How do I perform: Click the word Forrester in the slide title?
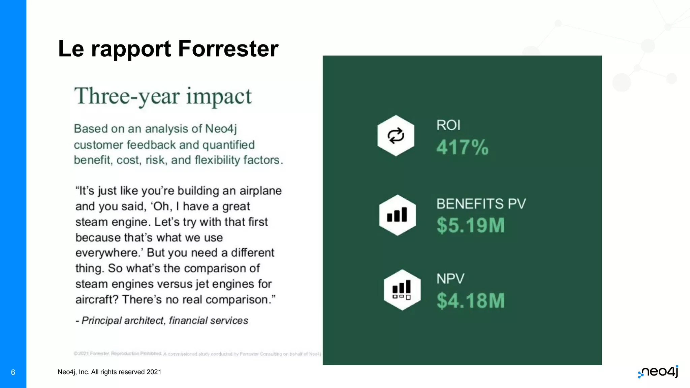[x=228, y=49]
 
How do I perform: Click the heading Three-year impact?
[x=163, y=96]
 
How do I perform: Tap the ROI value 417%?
[x=462, y=148]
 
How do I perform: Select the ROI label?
[x=448, y=125]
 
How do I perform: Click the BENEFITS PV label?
[x=481, y=204]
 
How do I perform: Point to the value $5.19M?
[x=470, y=225]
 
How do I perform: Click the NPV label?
[x=450, y=279]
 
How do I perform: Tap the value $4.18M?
[x=470, y=300]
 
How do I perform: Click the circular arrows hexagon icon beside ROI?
[x=396, y=136]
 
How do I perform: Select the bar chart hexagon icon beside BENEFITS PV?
[x=397, y=215]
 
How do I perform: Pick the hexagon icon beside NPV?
[x=402, y=290]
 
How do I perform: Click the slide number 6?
[x=13, y=372]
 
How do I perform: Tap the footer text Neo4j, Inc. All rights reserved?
[x=109, y=372]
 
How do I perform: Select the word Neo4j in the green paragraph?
[x=221, y=129]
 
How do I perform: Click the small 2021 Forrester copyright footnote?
[x=197, y=354]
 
